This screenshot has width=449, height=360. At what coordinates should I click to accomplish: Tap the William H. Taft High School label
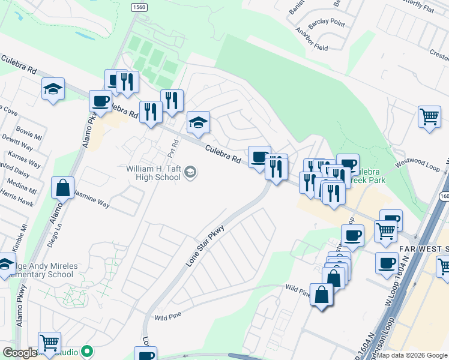click(x=153, y=173)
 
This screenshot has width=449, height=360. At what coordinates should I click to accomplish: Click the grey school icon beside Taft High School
click(x=190, y=173)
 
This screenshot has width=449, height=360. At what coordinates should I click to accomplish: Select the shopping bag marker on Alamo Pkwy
click(x=62, y=188)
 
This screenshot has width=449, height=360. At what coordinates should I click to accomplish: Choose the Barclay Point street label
click(x=328, y=23)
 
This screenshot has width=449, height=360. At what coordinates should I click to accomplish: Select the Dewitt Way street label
click(x=16, y=145)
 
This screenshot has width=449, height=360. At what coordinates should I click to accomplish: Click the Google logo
click(x=19, y=353)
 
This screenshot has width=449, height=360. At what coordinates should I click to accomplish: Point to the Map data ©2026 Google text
click(x=412, y=355)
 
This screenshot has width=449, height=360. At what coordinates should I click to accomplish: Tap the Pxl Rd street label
click(x=173, y=148)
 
